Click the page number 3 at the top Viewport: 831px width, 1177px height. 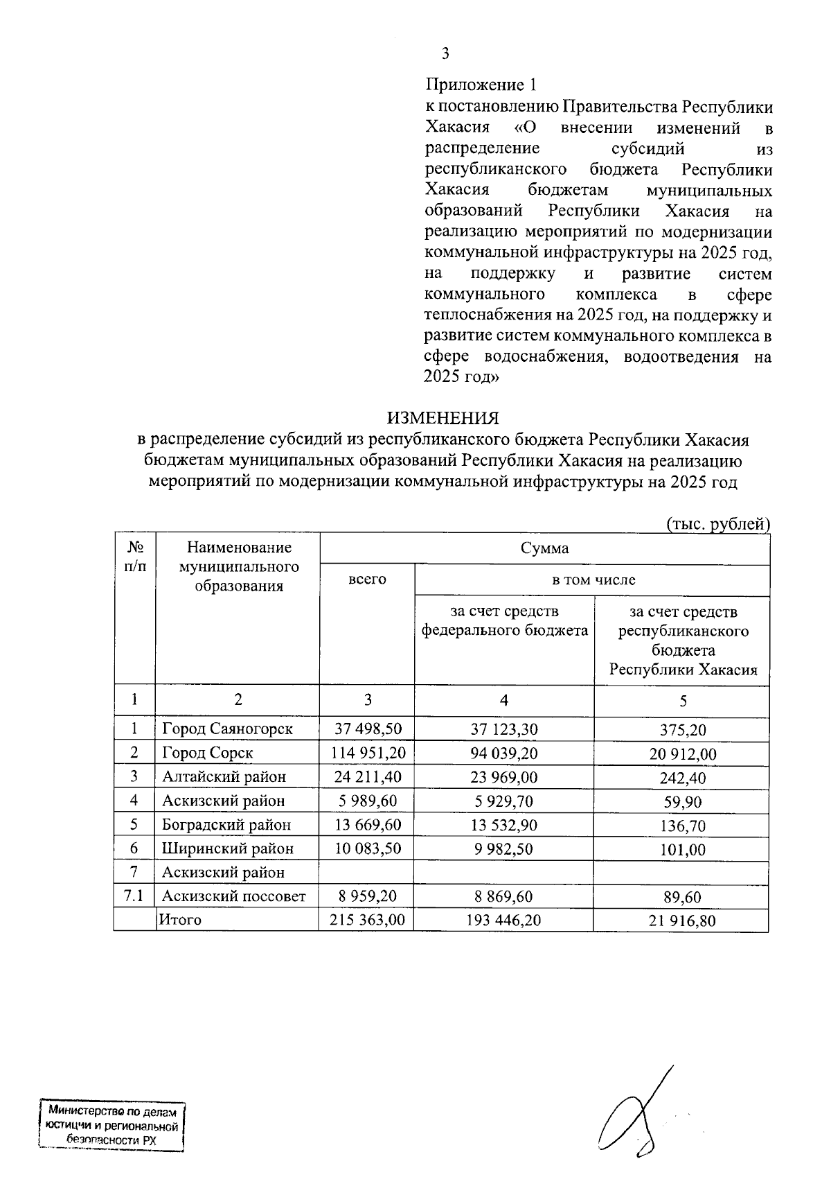tap(446, 53)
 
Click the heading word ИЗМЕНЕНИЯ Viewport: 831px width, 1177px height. tap(443, 419)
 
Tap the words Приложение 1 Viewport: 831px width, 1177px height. tap(481, 85)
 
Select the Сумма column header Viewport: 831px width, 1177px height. tap(544, 548)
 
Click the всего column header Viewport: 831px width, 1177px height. tap(367, 579)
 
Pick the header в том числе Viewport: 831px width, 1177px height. tap(593, 579)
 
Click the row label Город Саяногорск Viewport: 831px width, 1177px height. tap(227, 729)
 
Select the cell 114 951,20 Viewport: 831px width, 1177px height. tap(367, 753)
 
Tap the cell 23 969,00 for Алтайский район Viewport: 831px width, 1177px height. tap(503, 777)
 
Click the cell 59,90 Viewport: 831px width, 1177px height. tap(682, 802)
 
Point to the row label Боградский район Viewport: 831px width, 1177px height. tap(226, 825)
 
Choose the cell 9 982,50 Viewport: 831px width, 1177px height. tap(503, 848)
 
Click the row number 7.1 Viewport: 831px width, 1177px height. tap(134, 896)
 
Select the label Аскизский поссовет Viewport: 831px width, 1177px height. tap(233, 896)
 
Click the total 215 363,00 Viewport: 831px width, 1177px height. tap(367, 920)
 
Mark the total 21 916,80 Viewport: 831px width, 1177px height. tap(682, 921)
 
